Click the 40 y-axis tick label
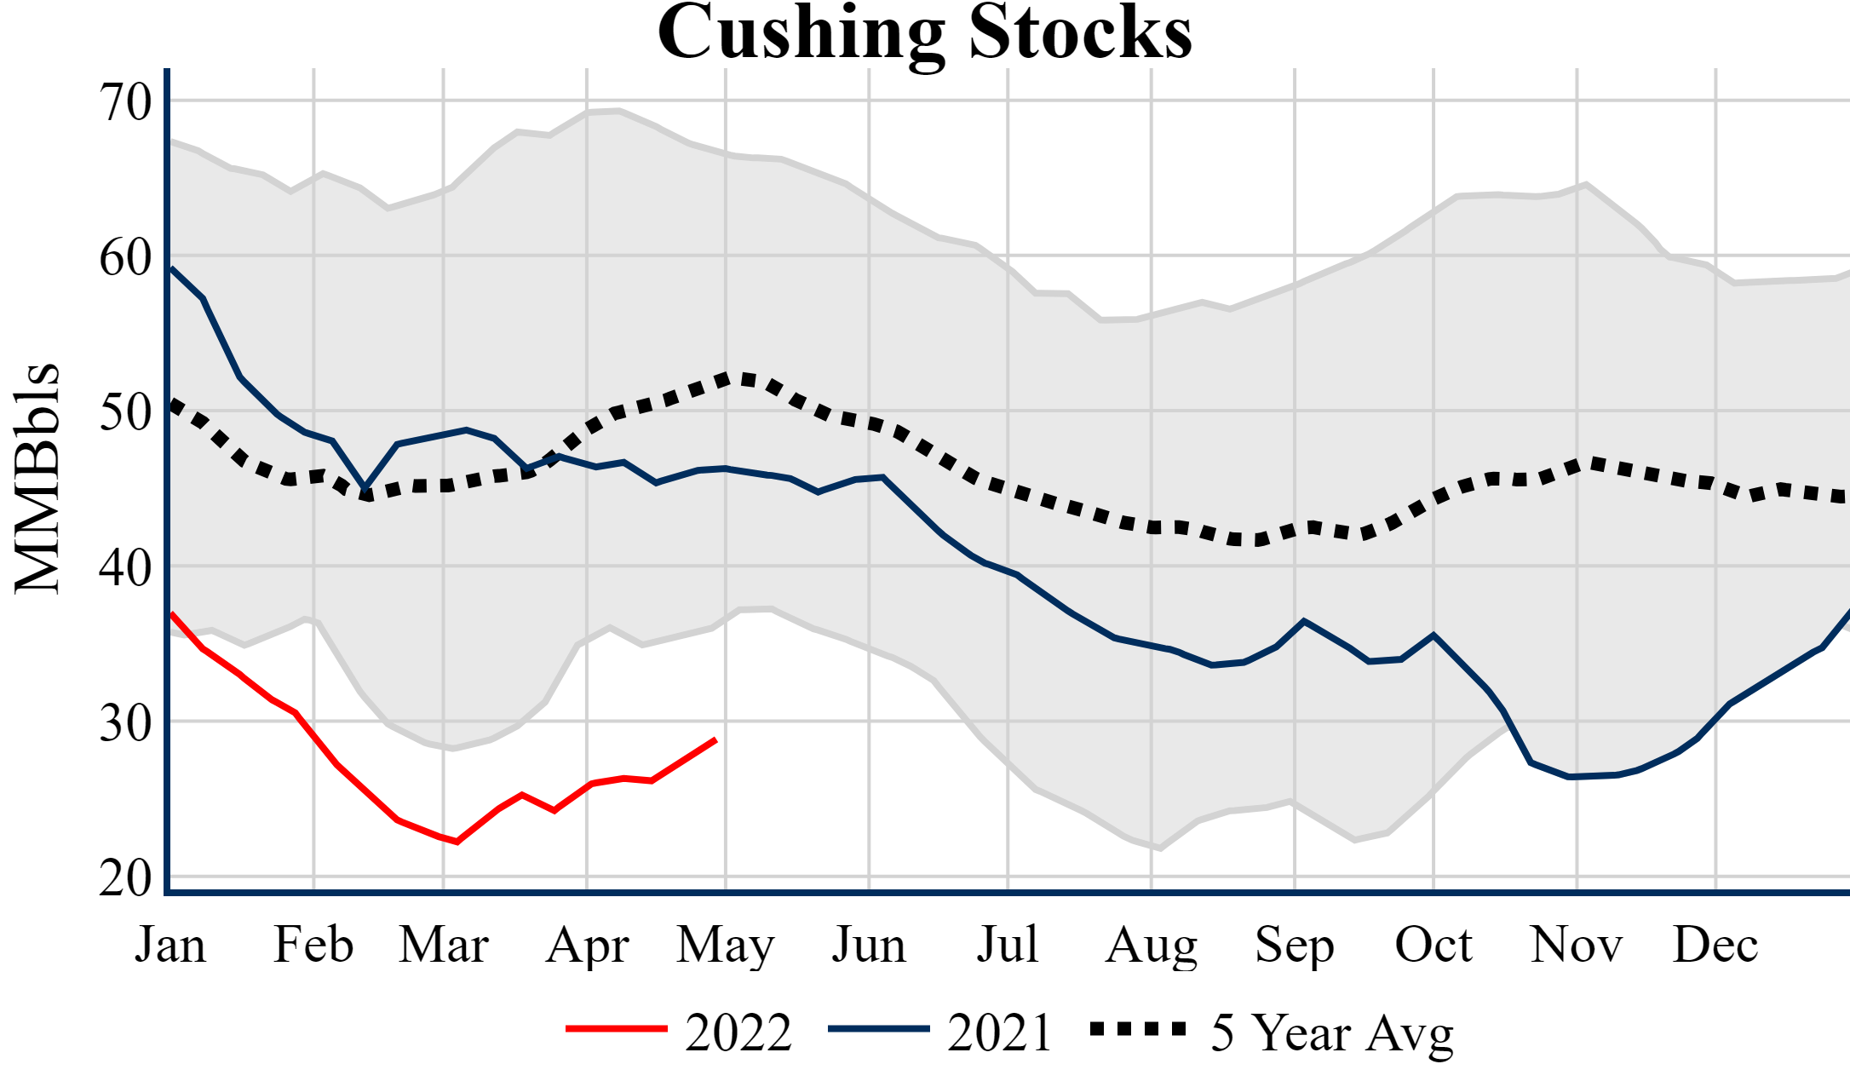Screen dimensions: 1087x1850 coord(125,567)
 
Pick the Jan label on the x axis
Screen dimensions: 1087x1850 coord(170,945)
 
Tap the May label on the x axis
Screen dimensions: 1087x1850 coord(725,945)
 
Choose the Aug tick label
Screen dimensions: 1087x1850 coord(1151,945)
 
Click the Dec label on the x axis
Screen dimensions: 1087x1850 coord(1715,945)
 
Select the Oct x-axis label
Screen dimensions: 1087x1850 coord(1433,945)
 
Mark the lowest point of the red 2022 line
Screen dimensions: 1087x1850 coord(457,842)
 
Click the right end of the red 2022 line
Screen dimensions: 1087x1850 coord(715,739)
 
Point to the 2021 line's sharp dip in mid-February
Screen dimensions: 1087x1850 coord(365,488)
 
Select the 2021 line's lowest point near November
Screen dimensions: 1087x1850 coord(1569,777)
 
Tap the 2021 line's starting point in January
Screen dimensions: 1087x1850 coord(171,267)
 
